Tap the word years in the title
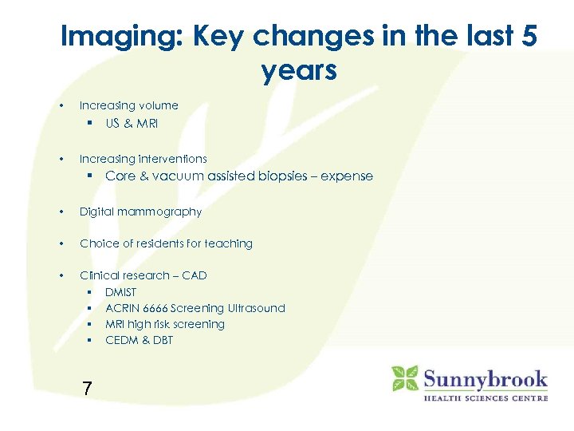(299, 71)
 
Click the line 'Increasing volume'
(128, 105)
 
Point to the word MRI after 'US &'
(147, 124)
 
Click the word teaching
(228, 243)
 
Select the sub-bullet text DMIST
(121, 292)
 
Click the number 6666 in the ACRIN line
(159, 308)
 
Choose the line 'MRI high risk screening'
(165, 324)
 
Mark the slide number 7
(87, 389)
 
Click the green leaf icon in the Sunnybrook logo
(404, 378)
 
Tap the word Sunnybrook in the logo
(485, 378)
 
